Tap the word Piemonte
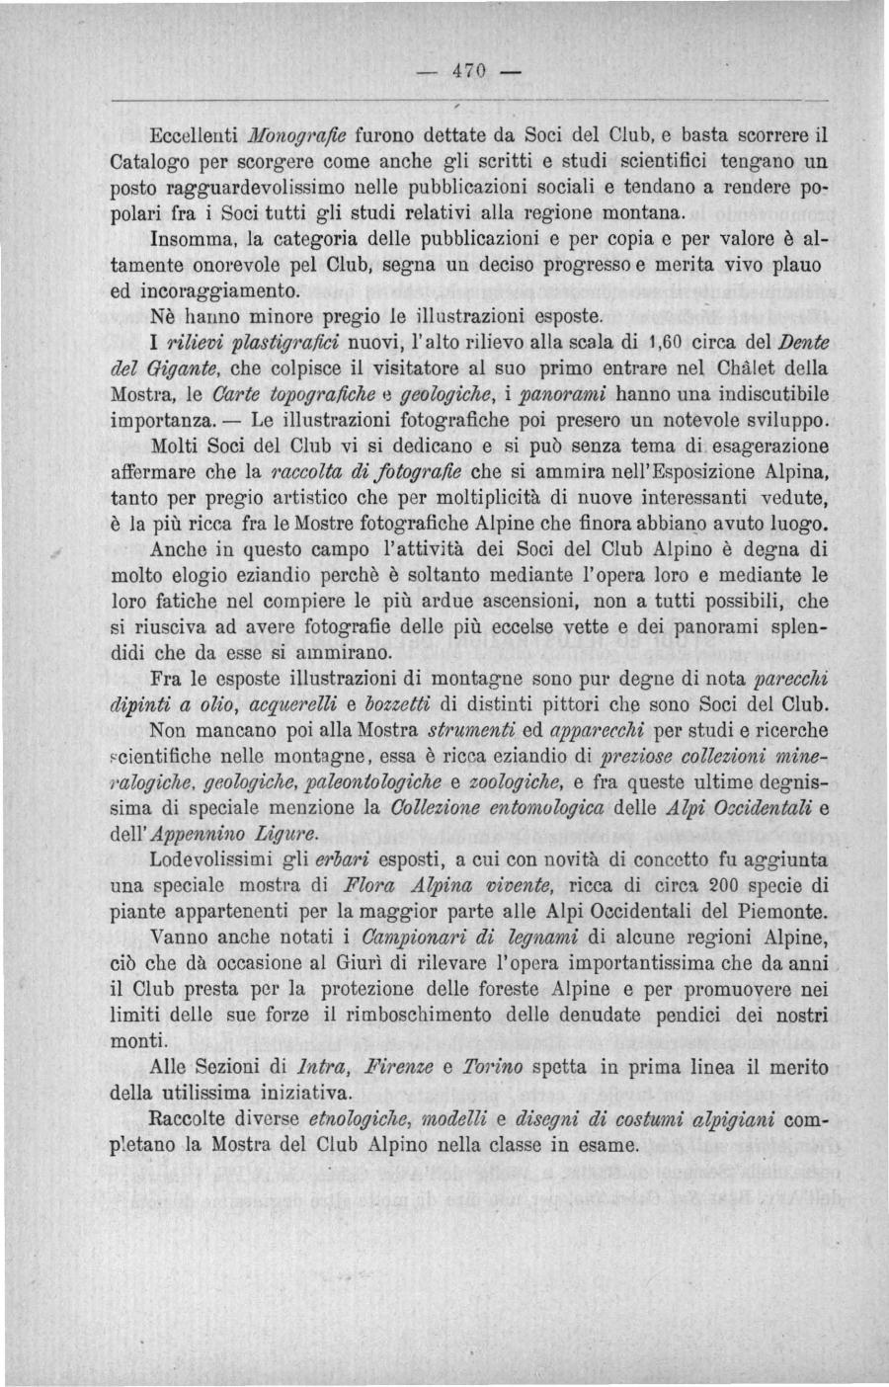[x=775, y=910]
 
